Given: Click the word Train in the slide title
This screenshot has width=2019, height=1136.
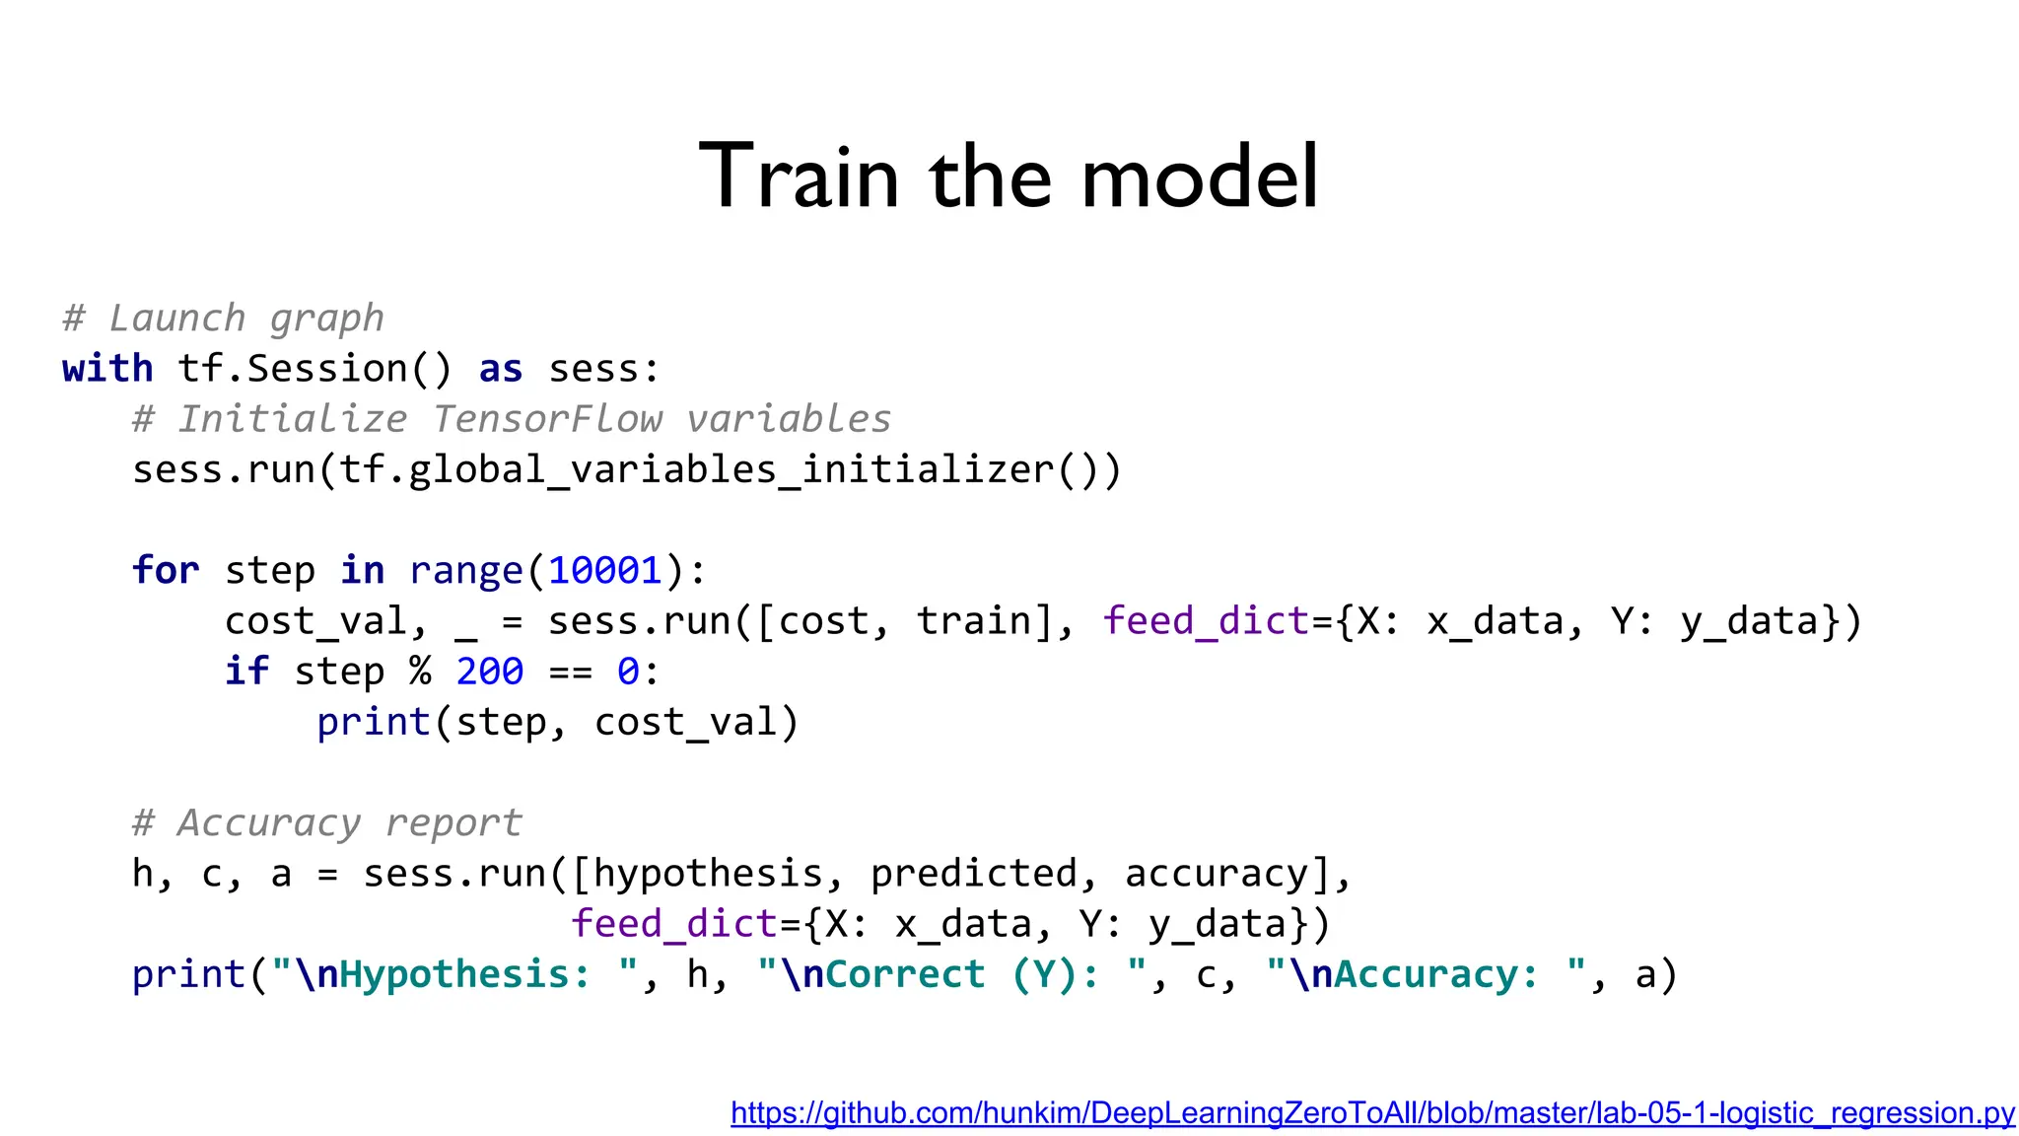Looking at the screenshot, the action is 799,177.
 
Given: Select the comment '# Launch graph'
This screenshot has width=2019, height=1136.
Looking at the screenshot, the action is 223,319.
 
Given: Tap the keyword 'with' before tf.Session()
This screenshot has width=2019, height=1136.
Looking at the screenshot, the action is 107,369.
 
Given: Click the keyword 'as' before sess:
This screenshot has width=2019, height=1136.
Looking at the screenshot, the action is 500,369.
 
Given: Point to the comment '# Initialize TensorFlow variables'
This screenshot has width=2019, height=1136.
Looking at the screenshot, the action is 512,419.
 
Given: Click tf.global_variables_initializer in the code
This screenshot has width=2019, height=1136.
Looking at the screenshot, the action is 696,469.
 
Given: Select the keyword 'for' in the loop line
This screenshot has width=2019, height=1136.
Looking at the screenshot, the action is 166,571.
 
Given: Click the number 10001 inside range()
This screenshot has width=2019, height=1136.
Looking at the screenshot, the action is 605,571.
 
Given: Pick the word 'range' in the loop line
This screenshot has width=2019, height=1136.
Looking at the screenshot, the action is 465,571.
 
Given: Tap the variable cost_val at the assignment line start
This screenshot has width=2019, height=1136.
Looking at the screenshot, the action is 315,621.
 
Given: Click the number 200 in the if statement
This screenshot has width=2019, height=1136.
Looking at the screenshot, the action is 489,672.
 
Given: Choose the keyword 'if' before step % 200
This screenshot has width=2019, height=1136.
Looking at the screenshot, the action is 246,672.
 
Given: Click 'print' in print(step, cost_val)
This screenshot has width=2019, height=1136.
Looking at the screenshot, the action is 373,723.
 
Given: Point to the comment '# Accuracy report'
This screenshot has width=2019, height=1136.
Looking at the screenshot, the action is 327,823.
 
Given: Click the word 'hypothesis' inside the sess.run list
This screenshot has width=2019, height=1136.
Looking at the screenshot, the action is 708,874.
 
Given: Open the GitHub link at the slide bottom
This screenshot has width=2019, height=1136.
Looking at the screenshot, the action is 1372,1113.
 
